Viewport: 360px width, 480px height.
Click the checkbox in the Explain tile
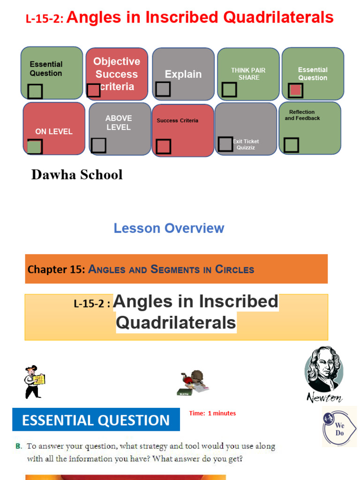click(163, 89)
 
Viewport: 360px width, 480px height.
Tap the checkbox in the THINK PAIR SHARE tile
click(229, 89)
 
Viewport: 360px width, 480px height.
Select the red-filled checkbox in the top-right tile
click(295, 90)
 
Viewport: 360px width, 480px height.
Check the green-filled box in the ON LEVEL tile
click(34, 147)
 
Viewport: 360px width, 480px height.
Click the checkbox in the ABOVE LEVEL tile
click(98, 145)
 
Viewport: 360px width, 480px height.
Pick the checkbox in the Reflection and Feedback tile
click(291, 145)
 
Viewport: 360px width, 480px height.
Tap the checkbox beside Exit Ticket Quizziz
click(225, 144)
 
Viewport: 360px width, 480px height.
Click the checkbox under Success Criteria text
click(163, 146)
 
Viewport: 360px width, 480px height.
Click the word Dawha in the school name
click(50, 175)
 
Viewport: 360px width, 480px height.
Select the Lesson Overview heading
click(169, 228)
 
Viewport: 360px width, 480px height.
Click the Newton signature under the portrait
click(324, 397)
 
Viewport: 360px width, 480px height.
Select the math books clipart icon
click(193, 382)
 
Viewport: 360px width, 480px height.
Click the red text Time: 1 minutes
click(212, 413)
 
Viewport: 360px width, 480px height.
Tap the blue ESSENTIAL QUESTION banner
click(96, 420)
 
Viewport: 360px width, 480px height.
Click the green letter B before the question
click(18, 446)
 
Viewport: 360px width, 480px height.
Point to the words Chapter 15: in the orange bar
click(56, 270)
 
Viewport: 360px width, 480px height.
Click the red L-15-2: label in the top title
click(45, 19)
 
